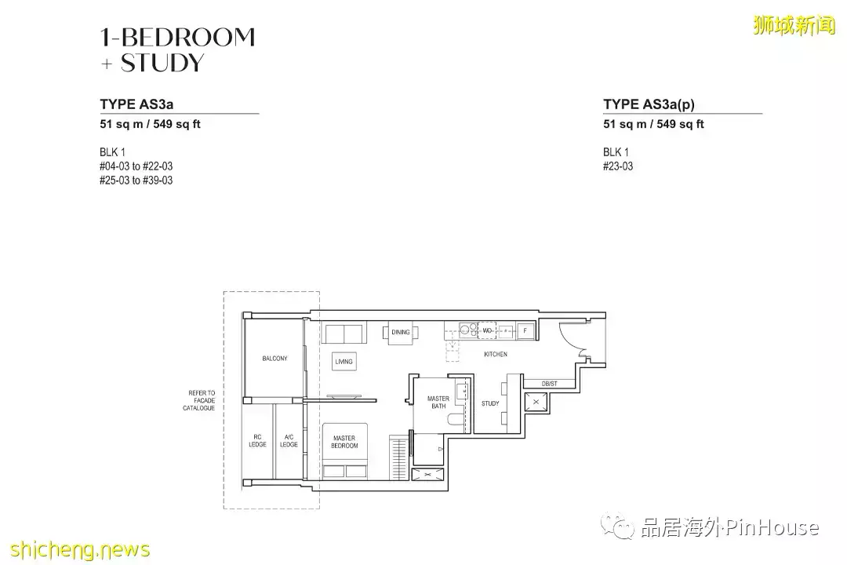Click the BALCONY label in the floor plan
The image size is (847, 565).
pos(274,359)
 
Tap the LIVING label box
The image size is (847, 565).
pos(344,362)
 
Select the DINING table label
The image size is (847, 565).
pos(401,333)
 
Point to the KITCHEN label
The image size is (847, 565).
pos(496,355)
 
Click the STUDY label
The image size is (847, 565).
pos(490,404)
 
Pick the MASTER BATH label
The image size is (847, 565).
pos(438,403)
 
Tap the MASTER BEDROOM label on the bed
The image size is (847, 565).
pos(344,442)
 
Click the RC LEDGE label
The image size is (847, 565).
pos(257,441)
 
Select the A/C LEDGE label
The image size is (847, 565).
pos(289,441)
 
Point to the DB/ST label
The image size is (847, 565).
pos(549,384)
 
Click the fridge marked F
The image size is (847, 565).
pos(525,331)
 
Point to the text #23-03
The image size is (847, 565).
pos(618,166)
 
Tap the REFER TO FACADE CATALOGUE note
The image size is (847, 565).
pos(199,400)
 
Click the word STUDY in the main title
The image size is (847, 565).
pos(162,63)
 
